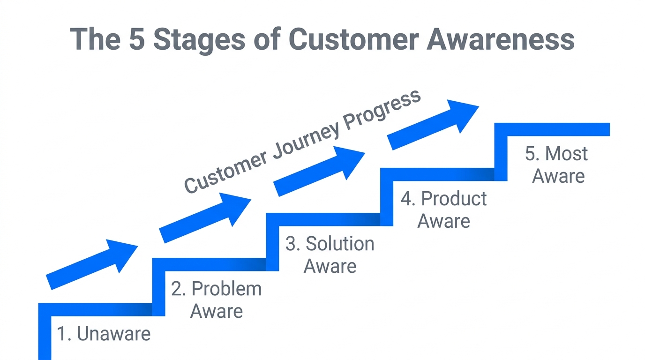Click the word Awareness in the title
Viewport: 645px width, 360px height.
pyautogui.click(x=500, y=39)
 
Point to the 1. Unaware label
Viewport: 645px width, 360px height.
pyautogui.click(x=104, y=334)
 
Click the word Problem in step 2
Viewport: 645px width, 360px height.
pyautogui.click(x=226, y=289)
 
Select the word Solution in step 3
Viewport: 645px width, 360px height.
pyautogui.click(x=340, y=244)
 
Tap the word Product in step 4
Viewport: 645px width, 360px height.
pyautogui.click(x=454, y=199)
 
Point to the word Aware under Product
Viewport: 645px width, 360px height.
pyautogui.click(x=443, y=221)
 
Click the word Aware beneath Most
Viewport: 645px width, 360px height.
pyautogui.click(x=558, y=176)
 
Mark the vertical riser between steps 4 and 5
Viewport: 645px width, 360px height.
pyautogui.click(x=501, y=151)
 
